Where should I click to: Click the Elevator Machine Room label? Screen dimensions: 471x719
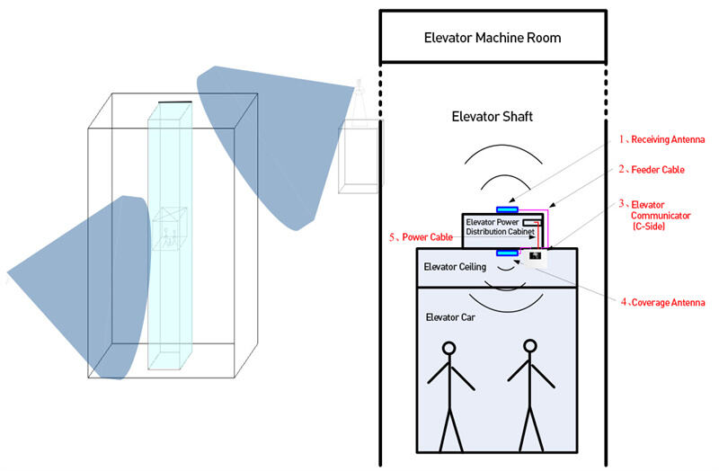pyautogui.click(x=492, y=38)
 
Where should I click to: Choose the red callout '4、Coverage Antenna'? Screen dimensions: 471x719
pyautogui.click(x=662, y=302)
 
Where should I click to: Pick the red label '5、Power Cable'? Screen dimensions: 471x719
pyautogui.click(x=421, y=237)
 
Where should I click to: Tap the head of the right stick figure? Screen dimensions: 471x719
pyautogui.click(x=529, y=347)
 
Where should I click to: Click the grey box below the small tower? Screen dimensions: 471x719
pyautogui.click(x=355, y=158)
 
